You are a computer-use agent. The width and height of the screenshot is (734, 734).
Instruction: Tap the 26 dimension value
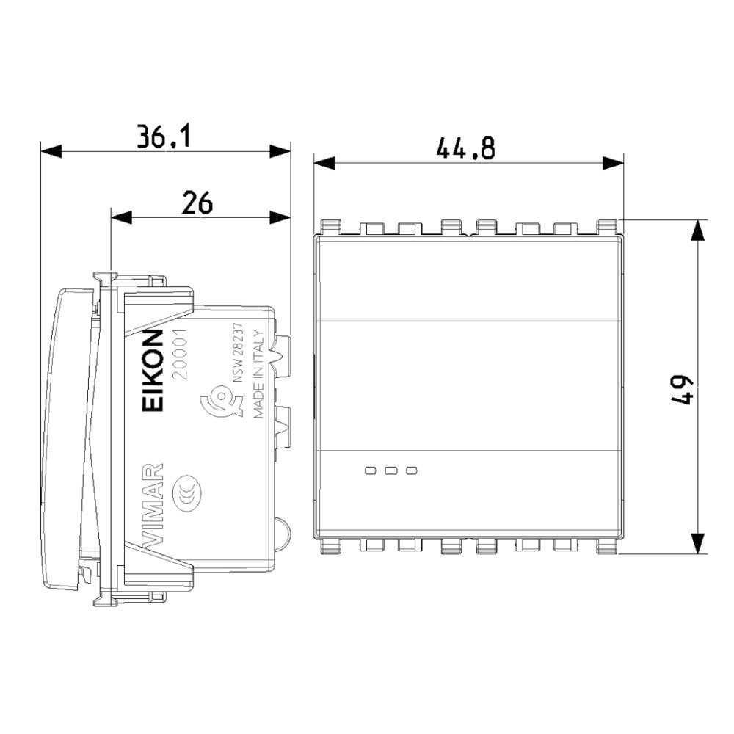[197, 202]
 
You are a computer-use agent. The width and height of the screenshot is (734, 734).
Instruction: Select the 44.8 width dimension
[465, 148]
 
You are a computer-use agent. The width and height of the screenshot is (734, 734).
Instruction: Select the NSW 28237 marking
[239, 355]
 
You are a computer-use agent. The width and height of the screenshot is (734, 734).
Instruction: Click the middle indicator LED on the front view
[391, 470]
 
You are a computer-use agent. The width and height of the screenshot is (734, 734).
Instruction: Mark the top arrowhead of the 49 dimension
[697, 230]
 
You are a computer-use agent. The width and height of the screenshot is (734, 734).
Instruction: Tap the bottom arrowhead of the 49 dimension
[697, 544]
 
